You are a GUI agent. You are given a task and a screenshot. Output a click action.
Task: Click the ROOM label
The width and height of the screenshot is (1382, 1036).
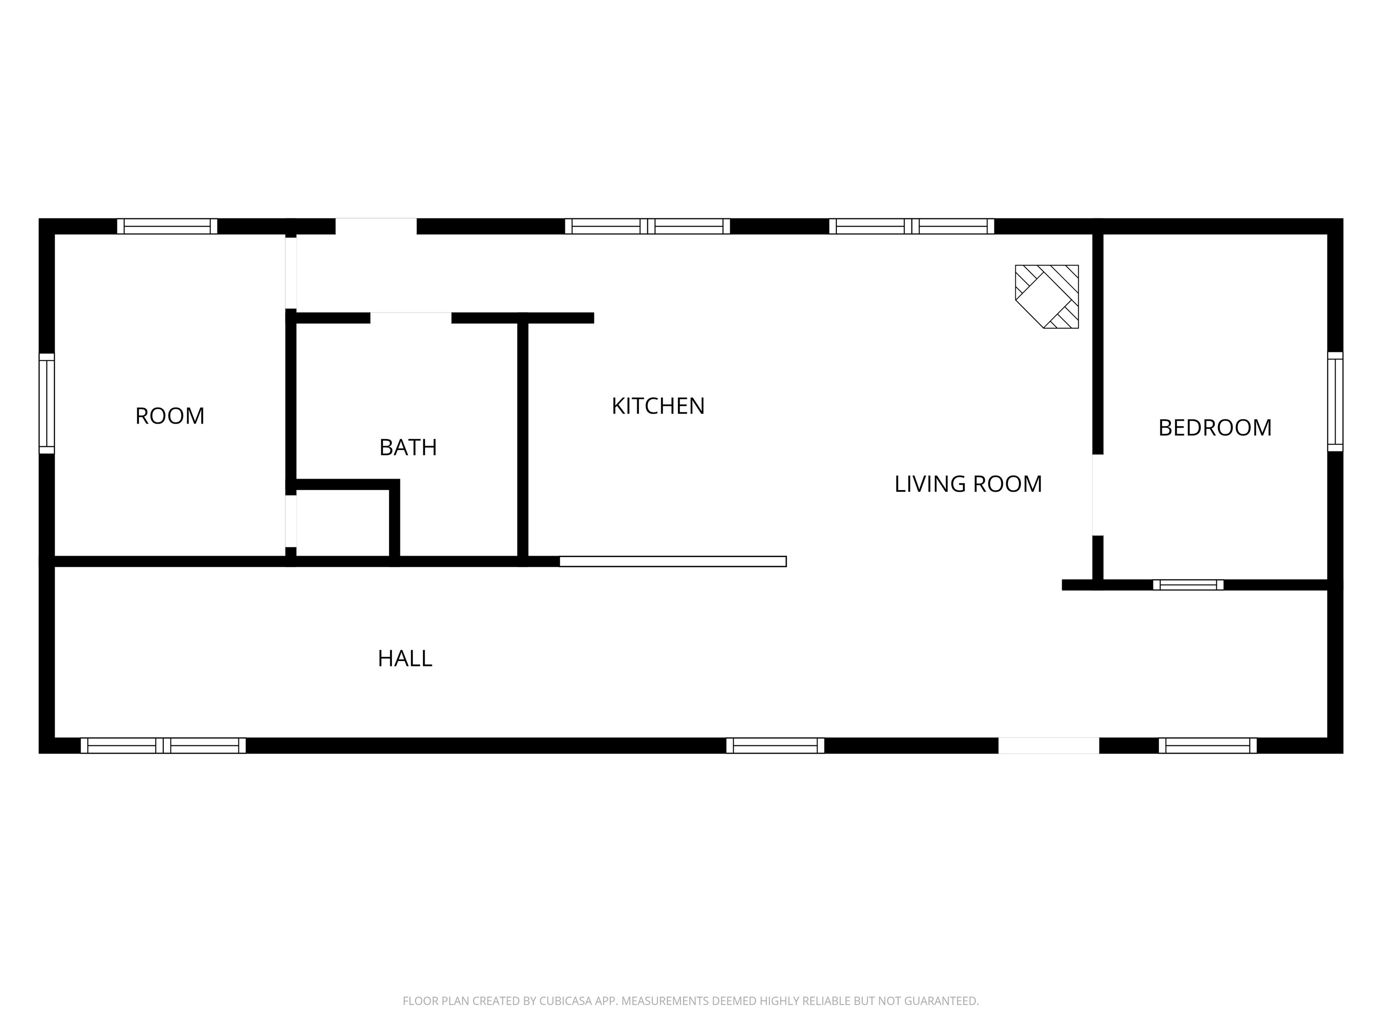(x=170, y=416)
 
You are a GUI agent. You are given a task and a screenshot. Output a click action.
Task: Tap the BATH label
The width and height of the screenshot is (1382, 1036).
(x=408, y=447)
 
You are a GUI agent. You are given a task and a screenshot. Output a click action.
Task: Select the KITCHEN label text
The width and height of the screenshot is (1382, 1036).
(x=658, y=406)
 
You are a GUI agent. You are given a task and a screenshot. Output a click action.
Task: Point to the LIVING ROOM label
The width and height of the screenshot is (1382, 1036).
(x=968, y=484)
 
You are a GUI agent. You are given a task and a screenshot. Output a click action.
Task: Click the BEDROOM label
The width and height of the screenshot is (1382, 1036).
(x=1215, y=428)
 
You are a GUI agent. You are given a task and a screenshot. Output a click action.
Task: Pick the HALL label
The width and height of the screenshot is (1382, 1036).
(x=405, y=658)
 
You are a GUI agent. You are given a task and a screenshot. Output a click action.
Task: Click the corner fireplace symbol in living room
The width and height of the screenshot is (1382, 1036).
(x=1046, y=297)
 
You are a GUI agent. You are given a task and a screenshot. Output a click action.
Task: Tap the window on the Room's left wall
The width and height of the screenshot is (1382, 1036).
(x=47, y=403)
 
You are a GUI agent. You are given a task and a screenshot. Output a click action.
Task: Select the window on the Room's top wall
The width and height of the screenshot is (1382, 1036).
(x=167, y=226)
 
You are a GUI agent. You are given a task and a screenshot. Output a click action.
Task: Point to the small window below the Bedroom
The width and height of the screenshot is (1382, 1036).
(x=1188, y=585)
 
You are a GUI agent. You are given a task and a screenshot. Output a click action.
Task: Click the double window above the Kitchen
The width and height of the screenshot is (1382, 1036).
(x=647, y=226)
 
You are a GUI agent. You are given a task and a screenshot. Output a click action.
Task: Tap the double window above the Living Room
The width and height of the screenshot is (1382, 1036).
(x=911, y=226)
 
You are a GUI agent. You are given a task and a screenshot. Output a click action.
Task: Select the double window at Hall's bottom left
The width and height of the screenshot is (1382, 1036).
(x=163, y=745)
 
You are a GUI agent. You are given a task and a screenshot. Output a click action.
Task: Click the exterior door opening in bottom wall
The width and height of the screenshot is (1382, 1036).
(x=1048, y=745)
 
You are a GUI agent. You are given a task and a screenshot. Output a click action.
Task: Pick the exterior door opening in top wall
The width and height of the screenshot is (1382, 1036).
(x=376, y=226)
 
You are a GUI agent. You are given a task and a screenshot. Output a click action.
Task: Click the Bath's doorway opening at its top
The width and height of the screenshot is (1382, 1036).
(x=410, y=318)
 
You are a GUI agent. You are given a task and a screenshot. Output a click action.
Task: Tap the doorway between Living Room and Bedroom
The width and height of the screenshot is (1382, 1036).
(x=1097, y=495)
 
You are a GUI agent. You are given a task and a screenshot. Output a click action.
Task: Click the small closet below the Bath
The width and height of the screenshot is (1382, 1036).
(x=342, y=522)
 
